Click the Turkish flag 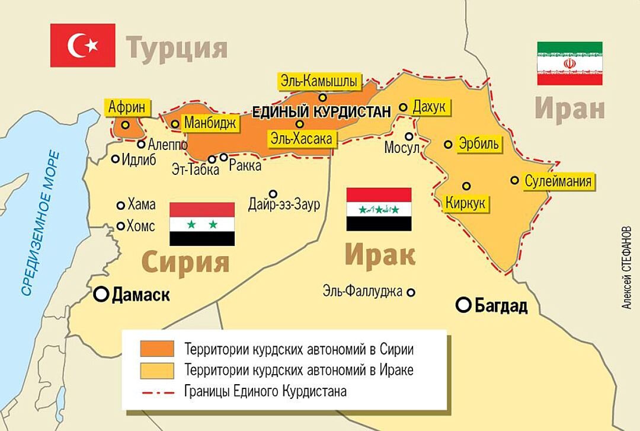click(82, 45)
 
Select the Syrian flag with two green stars click(202, 224)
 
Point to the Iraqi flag click(379, 209)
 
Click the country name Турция click(177, 48)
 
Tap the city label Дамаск click(140, 295)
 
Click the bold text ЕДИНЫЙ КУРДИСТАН click(322, 111)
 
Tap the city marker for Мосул click(409, 136)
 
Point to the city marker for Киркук click(466, 186)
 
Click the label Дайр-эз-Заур click(284, 205)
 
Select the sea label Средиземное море click(40, 222)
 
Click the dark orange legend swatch click(157, 348)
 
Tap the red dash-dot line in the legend click(157, 391)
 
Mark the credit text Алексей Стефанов click(627, 267)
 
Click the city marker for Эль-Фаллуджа click(411, 292)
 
